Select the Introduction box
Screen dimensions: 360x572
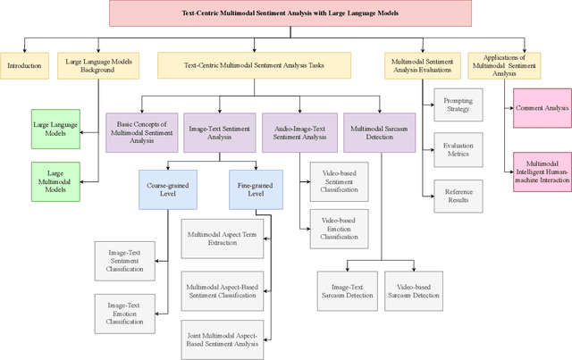24,65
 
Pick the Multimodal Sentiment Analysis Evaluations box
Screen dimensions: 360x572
422,65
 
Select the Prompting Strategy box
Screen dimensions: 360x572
458,105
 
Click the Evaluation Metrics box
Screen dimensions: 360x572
458,148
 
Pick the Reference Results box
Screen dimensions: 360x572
458,193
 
